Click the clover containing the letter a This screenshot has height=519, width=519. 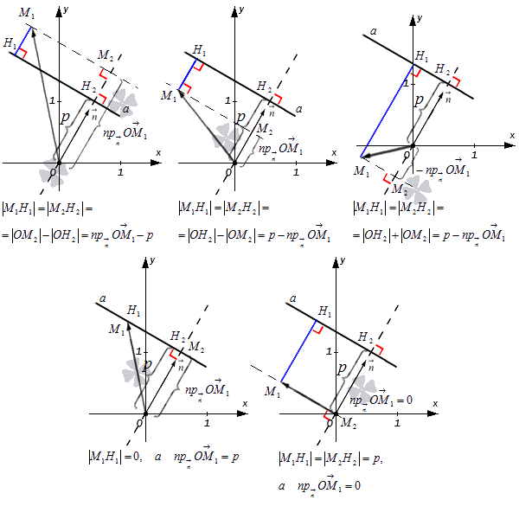point(122,101)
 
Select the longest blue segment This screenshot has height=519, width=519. point(385,112)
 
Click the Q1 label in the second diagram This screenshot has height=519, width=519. point(199,49)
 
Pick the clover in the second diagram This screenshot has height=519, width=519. point(228,137)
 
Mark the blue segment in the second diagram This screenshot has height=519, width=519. point(187,75)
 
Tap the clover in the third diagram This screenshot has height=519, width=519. point(419,187)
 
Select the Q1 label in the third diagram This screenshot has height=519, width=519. point(421,56)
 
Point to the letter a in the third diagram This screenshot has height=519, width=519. point(373,33)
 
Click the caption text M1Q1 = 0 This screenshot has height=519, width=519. point(116,456)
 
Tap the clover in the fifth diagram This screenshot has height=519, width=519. point(362,391)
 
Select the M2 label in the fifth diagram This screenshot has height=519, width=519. point(348,423)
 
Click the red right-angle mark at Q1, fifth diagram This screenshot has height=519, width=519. point(318,330)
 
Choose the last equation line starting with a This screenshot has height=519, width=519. point(320,485)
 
